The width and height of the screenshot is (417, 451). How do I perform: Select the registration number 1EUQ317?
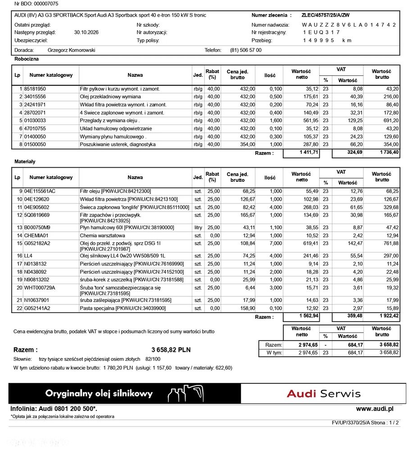322,32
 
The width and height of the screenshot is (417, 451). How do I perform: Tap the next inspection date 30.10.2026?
86,32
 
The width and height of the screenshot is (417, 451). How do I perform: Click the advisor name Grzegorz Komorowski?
71,51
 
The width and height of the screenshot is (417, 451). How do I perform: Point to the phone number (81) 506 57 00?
245,51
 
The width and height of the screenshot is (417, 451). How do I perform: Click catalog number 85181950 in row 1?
35,89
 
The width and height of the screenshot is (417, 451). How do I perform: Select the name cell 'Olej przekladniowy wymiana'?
110,97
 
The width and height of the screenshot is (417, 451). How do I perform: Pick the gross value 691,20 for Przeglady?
390,121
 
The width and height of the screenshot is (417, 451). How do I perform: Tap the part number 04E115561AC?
40,191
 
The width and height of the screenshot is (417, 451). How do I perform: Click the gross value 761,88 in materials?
390,244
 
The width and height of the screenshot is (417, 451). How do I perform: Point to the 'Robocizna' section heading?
27,59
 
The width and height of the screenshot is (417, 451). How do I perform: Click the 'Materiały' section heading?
25,161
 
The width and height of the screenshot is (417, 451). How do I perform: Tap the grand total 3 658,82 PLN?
171,350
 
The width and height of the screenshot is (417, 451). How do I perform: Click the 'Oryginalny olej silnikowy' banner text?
99,394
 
